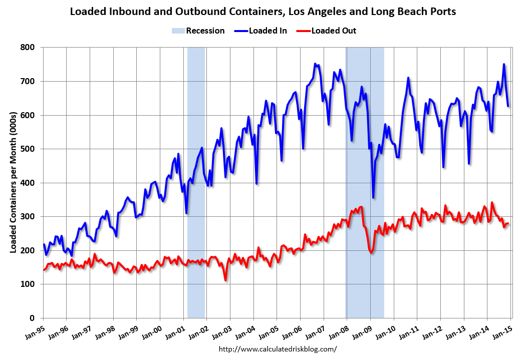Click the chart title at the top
coord(262,12)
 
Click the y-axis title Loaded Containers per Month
coord(14,183)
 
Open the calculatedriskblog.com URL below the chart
coord(278,349)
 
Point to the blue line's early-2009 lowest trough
coord(373,197)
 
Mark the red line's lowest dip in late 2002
coord(226,280)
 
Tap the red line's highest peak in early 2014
coord(492,202)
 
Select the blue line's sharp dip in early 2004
coord(256,183)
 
